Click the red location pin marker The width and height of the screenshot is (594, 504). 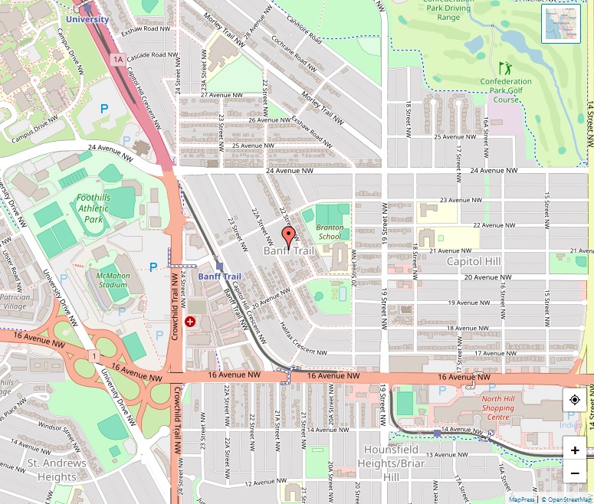[x=288, y=236]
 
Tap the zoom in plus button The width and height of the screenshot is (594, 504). [x=575, y=450]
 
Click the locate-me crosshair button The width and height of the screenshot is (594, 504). [x=575, y=401]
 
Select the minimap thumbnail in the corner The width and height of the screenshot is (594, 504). [x=561, y=25]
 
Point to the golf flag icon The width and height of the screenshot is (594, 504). [x=504, y=68]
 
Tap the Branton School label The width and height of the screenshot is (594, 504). [x=329, y=232]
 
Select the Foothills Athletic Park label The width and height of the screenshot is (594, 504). [x=94, y=208]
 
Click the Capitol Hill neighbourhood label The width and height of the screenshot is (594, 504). [x=474, y=261]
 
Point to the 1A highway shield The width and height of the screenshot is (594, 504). [x=117, y=59]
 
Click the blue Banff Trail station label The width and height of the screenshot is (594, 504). [x=219, y=277]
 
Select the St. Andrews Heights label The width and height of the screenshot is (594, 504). [x=52, y=470]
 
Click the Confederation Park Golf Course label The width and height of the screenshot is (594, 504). [x=506, y=90]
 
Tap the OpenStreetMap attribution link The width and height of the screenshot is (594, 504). [x=566, y=499]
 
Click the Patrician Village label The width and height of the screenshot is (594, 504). [x=15, y=301]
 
